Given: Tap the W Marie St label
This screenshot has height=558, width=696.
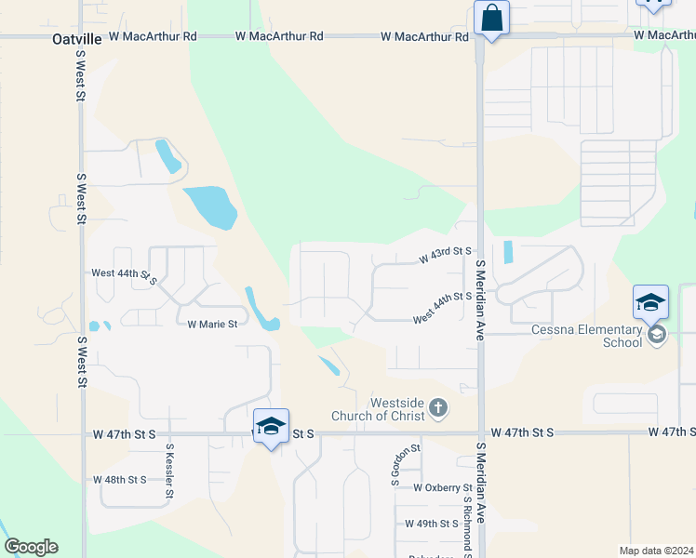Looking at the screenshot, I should pyautogui.click(x=212, y=325).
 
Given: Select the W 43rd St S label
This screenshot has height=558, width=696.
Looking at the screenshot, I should pyautogui.click(x=445, y=252).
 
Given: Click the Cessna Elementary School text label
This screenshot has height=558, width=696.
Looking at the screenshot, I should pyautogui.click(x=586, y=336).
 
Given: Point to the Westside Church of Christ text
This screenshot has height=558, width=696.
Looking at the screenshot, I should pyautogui.click(x=398, y=409).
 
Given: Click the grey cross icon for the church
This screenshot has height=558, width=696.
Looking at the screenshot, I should pyautogui.click(x=438, y=407).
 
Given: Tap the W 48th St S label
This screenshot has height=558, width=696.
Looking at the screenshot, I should pyautogui.click(x=120, y=480).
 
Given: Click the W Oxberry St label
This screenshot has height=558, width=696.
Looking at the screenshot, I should pyautogui.click(x=443, y=487).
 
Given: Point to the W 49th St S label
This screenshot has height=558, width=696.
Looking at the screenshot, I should pyautogui.click(x=434, y=525).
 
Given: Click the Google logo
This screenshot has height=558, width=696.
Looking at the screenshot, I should pyautogui.click(x=31, y=547).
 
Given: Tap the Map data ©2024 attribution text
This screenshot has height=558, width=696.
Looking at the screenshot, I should pyautogui.click(x=655, y=551).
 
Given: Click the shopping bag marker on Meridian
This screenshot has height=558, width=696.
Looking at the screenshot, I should pyautogui.click(x=490, y=19).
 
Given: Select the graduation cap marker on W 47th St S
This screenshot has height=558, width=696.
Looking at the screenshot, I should pyautogui.click(x=271, y=427).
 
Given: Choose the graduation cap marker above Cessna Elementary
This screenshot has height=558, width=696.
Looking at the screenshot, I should pyautogui.click(x=650, y=302).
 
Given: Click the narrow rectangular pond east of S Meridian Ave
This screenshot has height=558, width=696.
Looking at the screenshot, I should pyautogui.click(x=507, y=252).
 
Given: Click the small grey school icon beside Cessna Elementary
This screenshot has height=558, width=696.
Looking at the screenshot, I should pyautogui.click(x=657, y=335).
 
